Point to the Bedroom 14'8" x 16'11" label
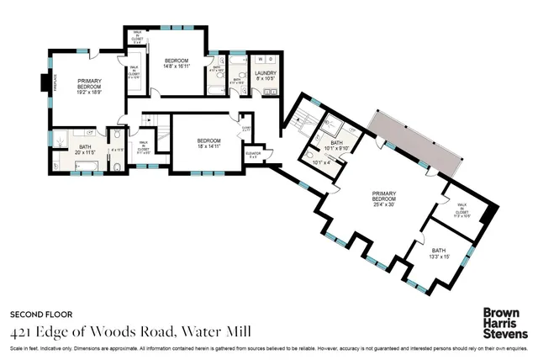[177, 62]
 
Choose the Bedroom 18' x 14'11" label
[208, 142]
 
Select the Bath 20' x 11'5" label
[86, 151]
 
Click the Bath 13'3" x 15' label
[439, 252]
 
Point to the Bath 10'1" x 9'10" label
[336, 146]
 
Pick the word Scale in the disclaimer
[16, 347]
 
